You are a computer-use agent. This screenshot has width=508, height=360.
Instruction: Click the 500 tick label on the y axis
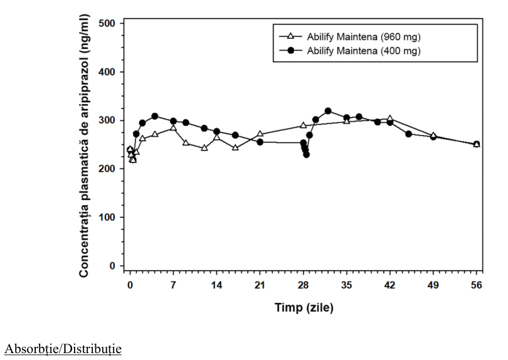(106, 23)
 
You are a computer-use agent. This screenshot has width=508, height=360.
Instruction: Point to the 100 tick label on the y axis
(106, 217)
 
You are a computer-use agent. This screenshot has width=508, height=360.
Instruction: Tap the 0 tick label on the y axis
(112, 266)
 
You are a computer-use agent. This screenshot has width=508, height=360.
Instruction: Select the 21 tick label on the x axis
(260, 285)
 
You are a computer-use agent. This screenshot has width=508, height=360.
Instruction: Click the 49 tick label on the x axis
(433, 285)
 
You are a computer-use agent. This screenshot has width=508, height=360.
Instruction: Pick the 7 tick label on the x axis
(173, 285)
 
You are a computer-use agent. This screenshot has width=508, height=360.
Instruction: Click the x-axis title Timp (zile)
(304, 307)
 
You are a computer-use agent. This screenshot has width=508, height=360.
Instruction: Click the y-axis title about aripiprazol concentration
(83, 146)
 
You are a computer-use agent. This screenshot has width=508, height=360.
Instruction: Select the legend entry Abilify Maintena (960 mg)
(364, 37)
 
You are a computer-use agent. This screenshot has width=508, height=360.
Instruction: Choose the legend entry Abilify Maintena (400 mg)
(364, 51)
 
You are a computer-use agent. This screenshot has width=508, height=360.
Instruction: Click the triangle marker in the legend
(290, 36)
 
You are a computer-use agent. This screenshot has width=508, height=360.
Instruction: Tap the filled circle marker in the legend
(290, 50)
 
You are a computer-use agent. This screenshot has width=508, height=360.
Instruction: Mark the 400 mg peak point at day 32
(328, 111)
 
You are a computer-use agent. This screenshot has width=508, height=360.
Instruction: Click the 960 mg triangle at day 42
(389, 119)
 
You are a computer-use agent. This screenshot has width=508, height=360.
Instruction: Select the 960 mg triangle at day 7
(173, 128)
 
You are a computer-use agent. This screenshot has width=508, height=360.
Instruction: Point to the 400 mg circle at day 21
(260, 142)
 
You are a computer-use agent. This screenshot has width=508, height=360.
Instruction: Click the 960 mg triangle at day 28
(304, 125)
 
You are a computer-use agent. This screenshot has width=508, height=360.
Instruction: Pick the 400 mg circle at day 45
(408, 134)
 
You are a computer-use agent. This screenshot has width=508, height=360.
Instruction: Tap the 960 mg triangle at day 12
(204, 148)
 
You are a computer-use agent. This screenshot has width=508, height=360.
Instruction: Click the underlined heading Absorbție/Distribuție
(63, 349)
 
